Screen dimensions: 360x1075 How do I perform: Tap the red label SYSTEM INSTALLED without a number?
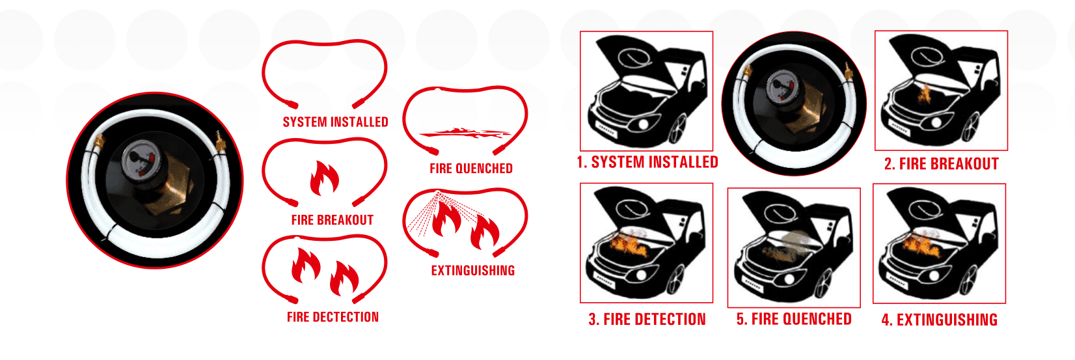click(335, 122)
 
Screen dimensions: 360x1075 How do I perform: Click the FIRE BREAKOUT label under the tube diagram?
click(332, 220)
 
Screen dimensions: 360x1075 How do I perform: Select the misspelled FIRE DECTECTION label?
click(333, 317)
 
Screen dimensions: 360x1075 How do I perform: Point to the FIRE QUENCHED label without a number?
click(471, 169)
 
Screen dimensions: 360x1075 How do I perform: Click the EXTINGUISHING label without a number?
click(473, 270)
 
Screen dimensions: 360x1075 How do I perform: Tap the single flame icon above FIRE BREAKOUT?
click(324, 178)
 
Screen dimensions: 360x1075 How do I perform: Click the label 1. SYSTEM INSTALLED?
click(647, 162)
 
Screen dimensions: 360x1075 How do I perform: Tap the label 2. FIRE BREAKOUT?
click(941, 164)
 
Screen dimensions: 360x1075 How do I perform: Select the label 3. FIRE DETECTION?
click(647, 320)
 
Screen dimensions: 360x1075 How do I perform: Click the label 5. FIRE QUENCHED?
click(794, 319)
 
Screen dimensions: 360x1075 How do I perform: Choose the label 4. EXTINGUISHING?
click(939, 320)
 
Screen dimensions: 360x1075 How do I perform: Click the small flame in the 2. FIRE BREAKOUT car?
click(924, 94)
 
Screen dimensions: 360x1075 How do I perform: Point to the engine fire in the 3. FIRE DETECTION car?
click(623, 245)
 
